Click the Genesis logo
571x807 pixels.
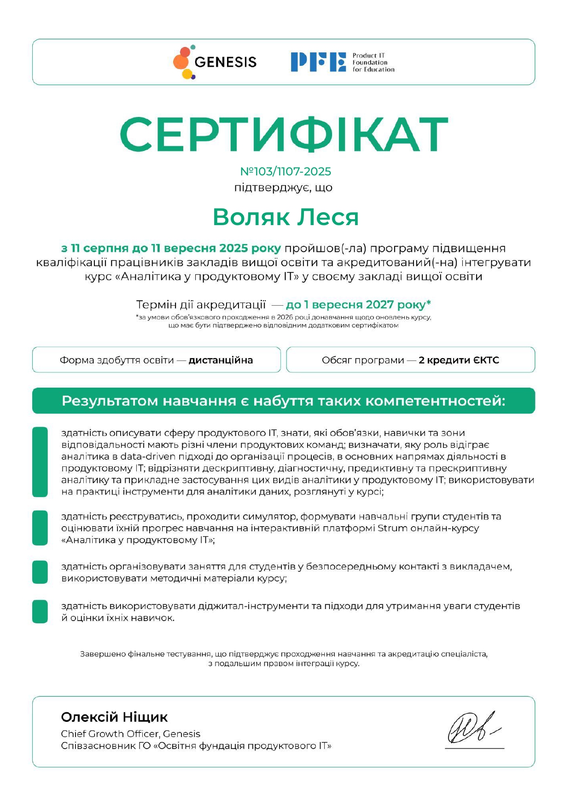pyautogui.click(x=215, y=62)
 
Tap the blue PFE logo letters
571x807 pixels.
pyautogui.click(x=318, y=62)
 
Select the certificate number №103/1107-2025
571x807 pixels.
pyautogui.click(x=285, y=172)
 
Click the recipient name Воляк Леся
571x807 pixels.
pyautogui.click(x=285, y=217)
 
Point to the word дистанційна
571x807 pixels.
pyautogui.click(x=221, y=360)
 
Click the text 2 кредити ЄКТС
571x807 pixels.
pyautogui.click(x=459, y=360)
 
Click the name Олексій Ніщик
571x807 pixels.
pyautogui.click(x=114, y=717)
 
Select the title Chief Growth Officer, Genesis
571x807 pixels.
pyautogui.click(x=131, y=734)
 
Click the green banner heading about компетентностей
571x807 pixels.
pyautogui.click(x=284, y=401)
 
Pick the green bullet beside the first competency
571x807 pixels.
pyautogui.click(x=40, y=462)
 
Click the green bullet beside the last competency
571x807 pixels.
pyautogui.click(x=40, y=611)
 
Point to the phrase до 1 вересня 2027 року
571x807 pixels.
pyautogui.click(x=358, y=305)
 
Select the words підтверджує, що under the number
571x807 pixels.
pyautogui.click(x=284, y=188)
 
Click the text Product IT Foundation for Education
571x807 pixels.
pyautogui.click(x=373, y=63)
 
